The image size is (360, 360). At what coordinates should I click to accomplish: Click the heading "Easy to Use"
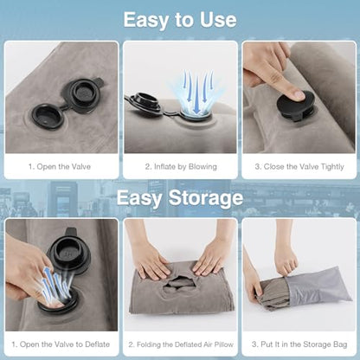click(x=180, y=20)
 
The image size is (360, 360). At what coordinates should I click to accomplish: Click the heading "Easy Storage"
click(x=180, y=198)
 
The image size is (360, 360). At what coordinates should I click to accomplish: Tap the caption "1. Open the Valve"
click(x=60, y=166)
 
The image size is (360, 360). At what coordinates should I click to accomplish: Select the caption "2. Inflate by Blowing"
click(x=181, y=166)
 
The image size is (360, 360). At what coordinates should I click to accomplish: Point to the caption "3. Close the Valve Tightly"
click(x=299, y=167)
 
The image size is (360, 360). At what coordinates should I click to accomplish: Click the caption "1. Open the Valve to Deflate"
click(x=61, y=344)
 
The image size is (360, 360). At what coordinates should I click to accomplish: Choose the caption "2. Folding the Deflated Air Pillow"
click(x=181, y=344)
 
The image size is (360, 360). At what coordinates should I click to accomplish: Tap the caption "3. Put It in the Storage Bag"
click(x=299, y=344)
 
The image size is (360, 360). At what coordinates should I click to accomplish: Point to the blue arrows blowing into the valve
click(x=196, y=91)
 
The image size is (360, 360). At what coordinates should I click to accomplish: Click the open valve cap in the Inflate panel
click(x=144, y=104)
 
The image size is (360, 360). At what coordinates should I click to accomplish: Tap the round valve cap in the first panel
click(x=48, y=116)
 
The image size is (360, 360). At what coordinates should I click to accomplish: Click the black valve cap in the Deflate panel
click(x=68, y=254)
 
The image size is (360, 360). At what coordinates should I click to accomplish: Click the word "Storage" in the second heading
click(x=206, y=198)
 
